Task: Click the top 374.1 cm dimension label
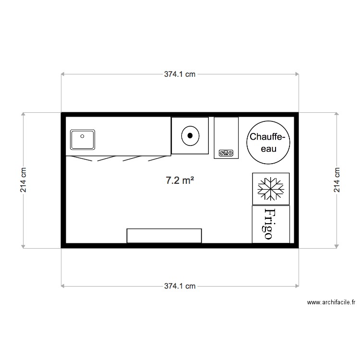(180, 74)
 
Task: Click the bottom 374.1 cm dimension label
(180, 286)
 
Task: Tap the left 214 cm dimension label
(23, 180)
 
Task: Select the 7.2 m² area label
(180, 180)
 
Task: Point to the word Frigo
(270, 224)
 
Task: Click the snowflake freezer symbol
(271, 189)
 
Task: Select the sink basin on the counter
(84, 140)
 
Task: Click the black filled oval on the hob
(191, 135)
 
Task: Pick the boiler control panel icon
(226, 153)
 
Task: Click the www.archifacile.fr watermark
(331, 302)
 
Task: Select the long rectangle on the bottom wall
(164, 236)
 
